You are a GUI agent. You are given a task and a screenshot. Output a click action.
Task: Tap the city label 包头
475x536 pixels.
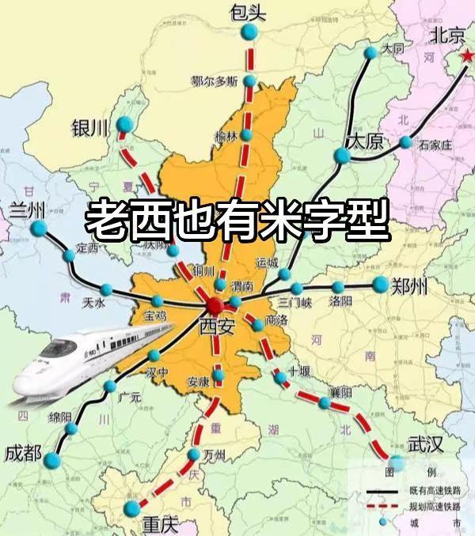tap(246, 11)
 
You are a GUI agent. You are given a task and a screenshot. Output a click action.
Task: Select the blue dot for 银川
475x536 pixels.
tap(124, 124)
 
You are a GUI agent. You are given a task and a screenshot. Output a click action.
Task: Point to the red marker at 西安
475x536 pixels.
tap(213, 306)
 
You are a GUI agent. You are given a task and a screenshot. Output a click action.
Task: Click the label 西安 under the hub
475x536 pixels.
tap(216, 325)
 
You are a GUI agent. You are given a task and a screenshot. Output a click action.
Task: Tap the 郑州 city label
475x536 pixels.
tap(409, 286)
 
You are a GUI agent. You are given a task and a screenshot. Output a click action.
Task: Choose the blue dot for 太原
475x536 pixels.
tap(342, 156)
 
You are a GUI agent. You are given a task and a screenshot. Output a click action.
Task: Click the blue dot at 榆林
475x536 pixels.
tap(247, 135)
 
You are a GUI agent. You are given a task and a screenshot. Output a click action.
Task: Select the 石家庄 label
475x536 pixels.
tap(435, 145)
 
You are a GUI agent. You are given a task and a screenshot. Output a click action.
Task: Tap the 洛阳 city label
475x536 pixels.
tap(340, 301)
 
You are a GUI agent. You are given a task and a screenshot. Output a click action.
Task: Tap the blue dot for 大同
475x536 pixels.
tap(371, 52)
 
